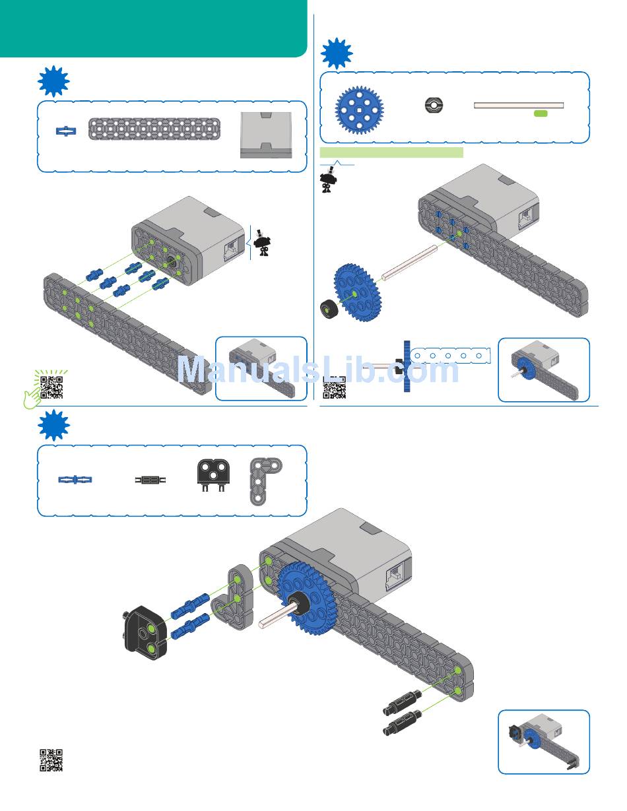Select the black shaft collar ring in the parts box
point(434,105)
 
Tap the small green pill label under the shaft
point(541,114)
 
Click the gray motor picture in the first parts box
point(265,135)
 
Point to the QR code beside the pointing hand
point(51,386)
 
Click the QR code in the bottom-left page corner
point(51,760)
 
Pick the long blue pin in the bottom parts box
point(75,480)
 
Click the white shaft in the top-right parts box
point(519,104)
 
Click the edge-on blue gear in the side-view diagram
point(408,368)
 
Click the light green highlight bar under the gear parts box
point(391,152)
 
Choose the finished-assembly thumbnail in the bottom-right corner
point(543,741)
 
